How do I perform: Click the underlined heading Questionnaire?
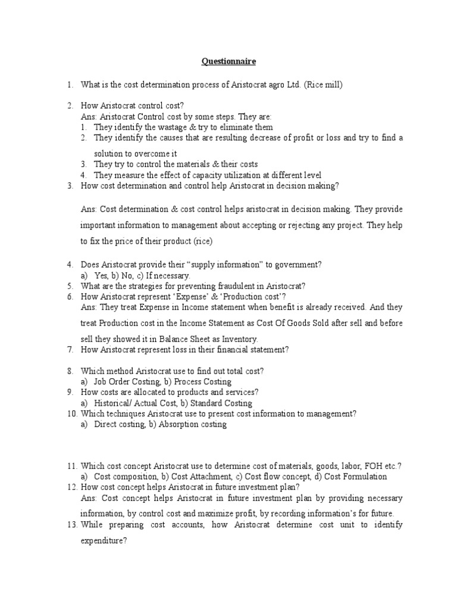tap(229, 61)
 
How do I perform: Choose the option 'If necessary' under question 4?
tap(168, 275)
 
